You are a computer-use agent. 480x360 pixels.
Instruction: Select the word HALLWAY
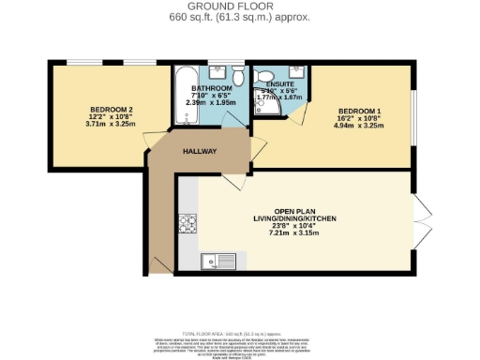200,151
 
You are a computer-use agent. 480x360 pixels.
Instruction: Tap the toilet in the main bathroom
239,74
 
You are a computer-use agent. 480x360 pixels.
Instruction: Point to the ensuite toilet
263,74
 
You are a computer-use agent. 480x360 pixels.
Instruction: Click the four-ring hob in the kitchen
187,225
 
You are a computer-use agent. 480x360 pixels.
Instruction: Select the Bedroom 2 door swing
151,142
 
